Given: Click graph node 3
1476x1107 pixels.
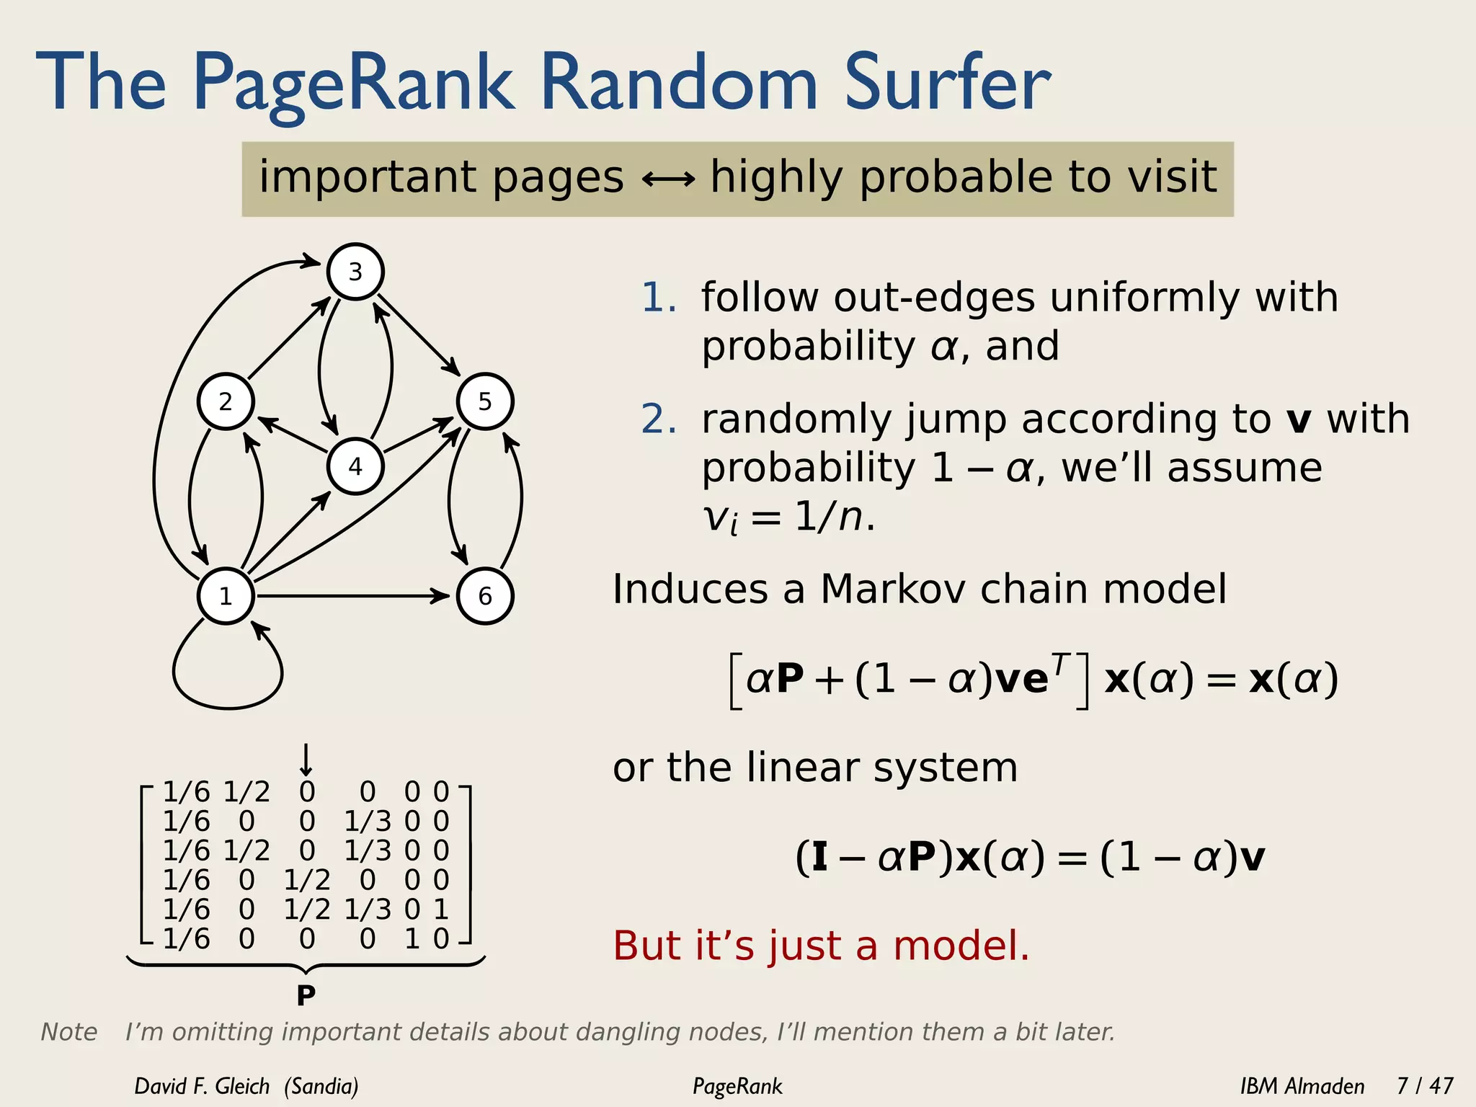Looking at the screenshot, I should click(x=355, y=272).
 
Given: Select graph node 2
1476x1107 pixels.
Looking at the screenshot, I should click(x=226, y=401).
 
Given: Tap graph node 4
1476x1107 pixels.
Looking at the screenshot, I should click(x=355, y=466).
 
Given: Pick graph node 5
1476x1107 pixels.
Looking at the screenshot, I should click(x=485, y=401).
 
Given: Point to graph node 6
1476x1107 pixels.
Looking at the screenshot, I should click(x=485, y=596).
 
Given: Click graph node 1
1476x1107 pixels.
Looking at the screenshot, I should click(x=226, y=596).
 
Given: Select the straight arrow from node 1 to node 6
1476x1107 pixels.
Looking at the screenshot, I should click(x=353, y=596).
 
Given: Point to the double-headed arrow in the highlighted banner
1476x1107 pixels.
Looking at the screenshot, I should click(x=668, y=179).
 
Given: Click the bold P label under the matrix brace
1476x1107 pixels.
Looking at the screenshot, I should click(x=306, y=996).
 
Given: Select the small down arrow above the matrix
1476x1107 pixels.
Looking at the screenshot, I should click(x=306, y=760).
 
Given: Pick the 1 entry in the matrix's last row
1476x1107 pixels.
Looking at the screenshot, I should click(x=412, y=938).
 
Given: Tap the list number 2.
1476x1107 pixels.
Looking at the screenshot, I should click(x=658, y=419).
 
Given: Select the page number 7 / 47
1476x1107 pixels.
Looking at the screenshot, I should click(x=1425, y=1085).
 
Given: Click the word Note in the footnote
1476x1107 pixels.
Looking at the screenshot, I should click(x=69, y=1032).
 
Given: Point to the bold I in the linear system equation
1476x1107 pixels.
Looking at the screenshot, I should click(x=819, y=858).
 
